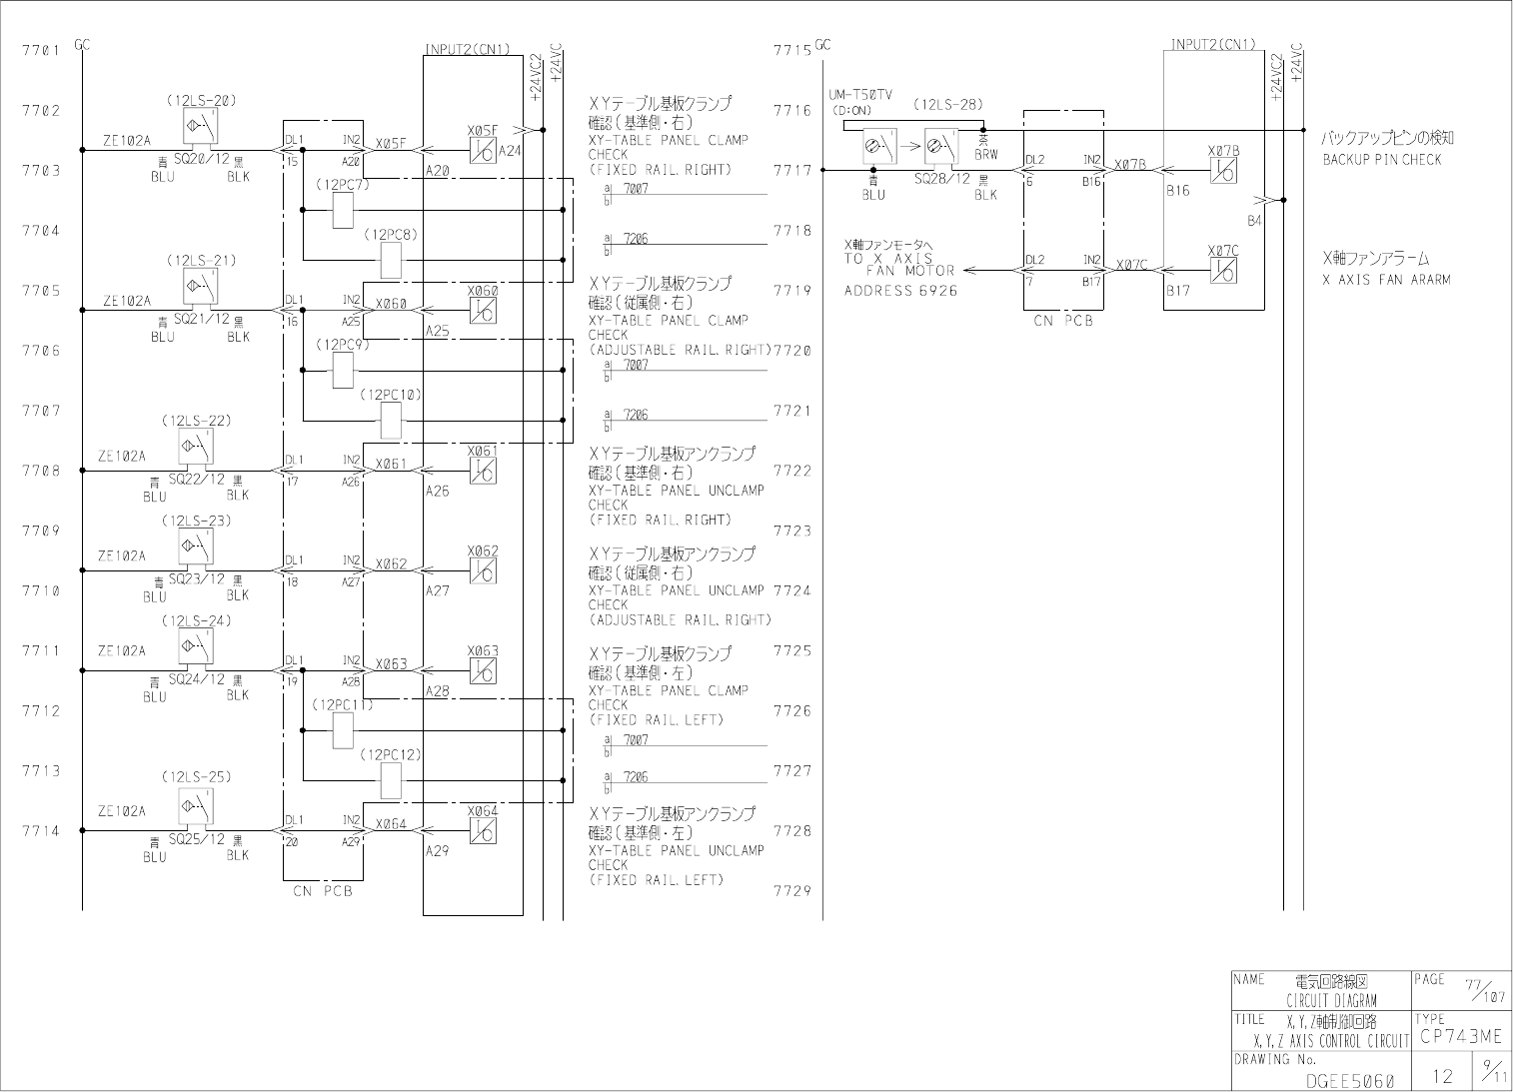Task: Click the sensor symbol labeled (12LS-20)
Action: click(197, 126)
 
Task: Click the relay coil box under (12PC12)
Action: click(391, 780)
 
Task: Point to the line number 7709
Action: click(41, 531)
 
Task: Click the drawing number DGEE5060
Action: click(1350, 1080)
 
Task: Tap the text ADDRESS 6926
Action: click(900, 291)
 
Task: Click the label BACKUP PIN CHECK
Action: click(1382, 160)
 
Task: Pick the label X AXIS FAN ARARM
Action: click(1386, 280)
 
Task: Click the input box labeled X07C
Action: click(1223, 270)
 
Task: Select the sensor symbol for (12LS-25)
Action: click(194, 805)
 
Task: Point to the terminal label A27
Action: click(438, 590)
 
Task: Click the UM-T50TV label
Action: click(860, 95)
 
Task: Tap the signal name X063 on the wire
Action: click(392, 664)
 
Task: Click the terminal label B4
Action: click(1254, 220)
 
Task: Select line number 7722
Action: click(792, 471)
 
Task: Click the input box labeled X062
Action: click(483, 570)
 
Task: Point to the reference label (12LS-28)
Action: click(947, 104)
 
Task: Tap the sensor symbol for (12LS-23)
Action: click(194, 546)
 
